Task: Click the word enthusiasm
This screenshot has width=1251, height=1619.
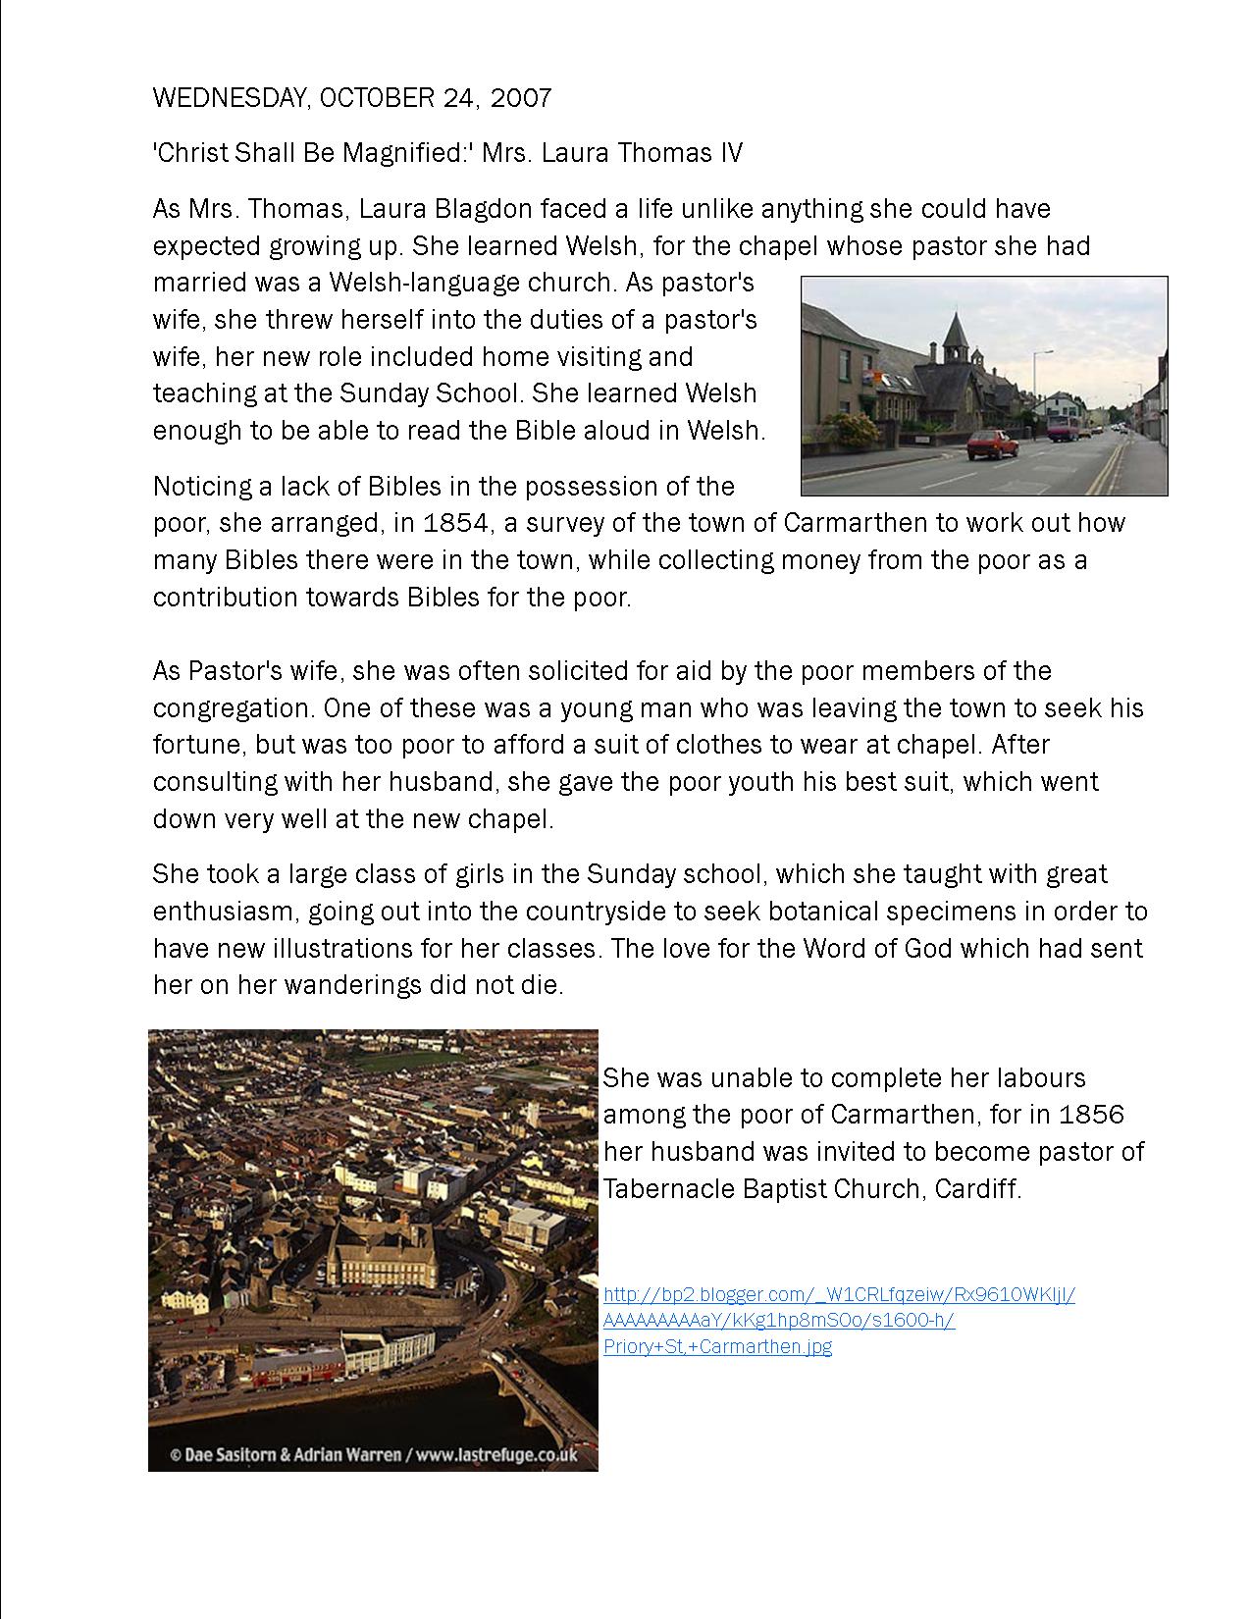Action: tap(223, 912)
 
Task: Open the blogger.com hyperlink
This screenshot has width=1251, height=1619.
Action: tap(839, 1320)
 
